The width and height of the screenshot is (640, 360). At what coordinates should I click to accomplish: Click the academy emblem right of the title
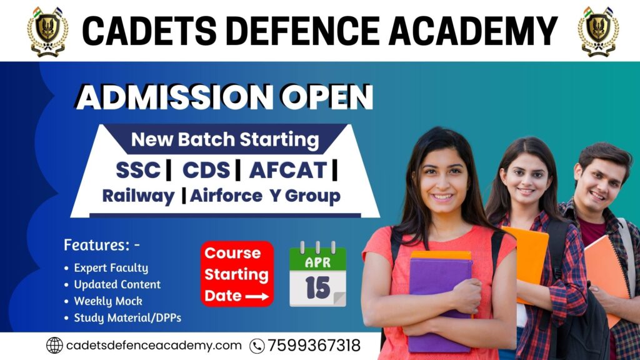coord(597,31)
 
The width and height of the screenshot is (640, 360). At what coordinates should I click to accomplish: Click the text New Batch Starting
coord(224,139)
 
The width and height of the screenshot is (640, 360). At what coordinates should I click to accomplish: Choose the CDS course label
coord(206,169)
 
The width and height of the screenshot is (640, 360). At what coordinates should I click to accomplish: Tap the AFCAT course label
coord(287,169)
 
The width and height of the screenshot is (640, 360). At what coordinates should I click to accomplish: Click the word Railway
coord(138,196)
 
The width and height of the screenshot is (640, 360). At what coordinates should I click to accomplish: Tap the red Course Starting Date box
coord(237,274)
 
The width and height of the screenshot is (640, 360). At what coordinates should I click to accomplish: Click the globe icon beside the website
coord(55,345)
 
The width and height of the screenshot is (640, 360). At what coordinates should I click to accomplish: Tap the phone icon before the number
coord(257,346)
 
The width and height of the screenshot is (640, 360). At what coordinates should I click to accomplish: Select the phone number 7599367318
coord(314,346)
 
